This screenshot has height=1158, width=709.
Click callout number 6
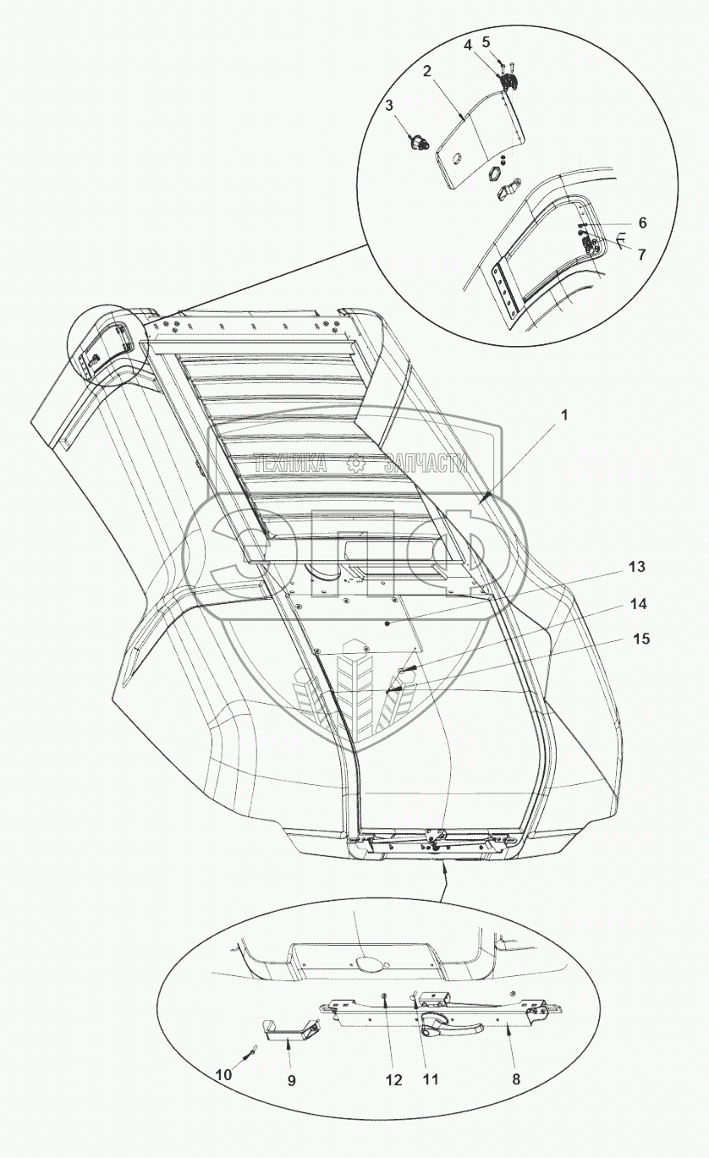pyautogui.click(x=642, y=222)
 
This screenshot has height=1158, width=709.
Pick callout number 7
pyautogui.click(x=642, y=254)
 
